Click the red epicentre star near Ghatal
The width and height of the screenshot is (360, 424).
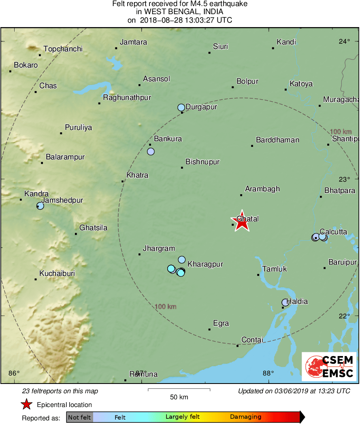coord(242,221)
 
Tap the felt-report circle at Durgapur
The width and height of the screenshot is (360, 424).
coord(181,107)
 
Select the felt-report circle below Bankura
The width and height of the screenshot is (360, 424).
coord(151,151)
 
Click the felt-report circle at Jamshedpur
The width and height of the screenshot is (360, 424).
coord(40,206)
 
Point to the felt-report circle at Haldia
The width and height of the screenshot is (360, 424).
coord(285,302)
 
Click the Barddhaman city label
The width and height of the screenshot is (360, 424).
coord(277,140)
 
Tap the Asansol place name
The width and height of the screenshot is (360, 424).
coord(157,79)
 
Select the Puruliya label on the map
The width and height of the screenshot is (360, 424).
coord(78,127)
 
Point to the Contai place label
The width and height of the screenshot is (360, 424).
coord(252,340)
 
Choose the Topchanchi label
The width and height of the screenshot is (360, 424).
coord(63,49)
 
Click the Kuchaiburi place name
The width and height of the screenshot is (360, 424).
coord(57,273)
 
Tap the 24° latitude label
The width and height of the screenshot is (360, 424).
coord(344,41)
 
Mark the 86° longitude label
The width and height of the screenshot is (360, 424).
coord(14,373)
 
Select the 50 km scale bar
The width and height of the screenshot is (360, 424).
coord(179,390)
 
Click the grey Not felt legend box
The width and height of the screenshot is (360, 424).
coord(79,417)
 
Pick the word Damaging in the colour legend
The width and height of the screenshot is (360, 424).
coord(245,417)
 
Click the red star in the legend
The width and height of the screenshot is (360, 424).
coord(27,404)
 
